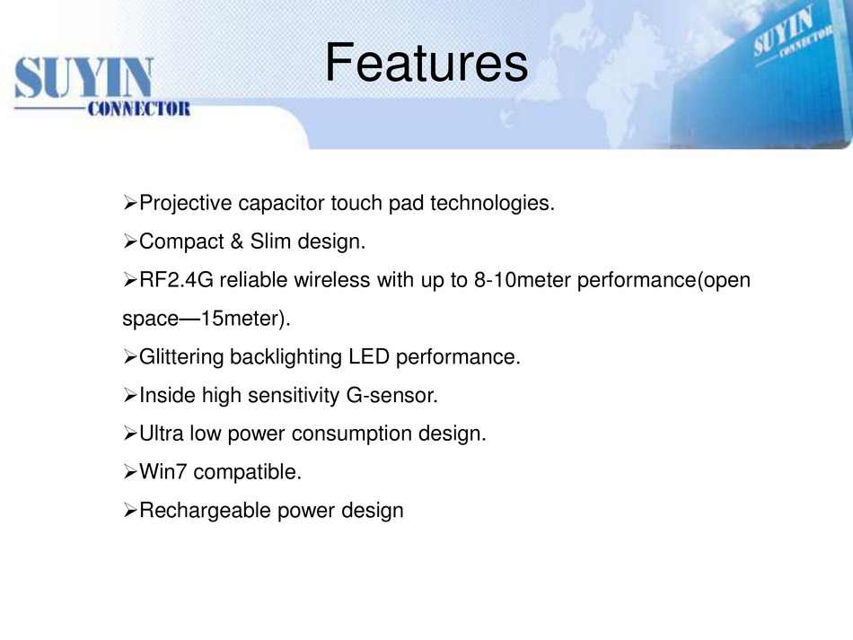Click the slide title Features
(426, 63)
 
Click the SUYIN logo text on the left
(84, 78)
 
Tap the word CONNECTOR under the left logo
(138, 109)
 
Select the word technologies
(492, 204)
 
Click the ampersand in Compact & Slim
(237, 241)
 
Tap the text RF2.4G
(176, 280)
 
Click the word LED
(369, 356)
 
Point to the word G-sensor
(391, 395)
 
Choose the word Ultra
(161, 434)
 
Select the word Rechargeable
(205, 511)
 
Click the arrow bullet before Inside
(130, 395)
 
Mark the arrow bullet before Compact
(130, 241)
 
